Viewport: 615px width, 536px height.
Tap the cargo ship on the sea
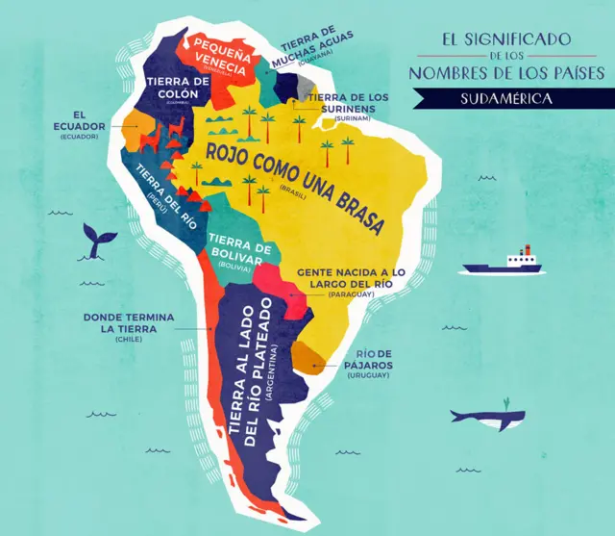point(502,262)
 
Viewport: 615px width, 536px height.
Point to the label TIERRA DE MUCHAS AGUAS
point(314,38)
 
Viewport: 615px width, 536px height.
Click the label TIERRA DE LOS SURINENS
point(348,103)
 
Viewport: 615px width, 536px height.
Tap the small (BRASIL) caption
point(292,192)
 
